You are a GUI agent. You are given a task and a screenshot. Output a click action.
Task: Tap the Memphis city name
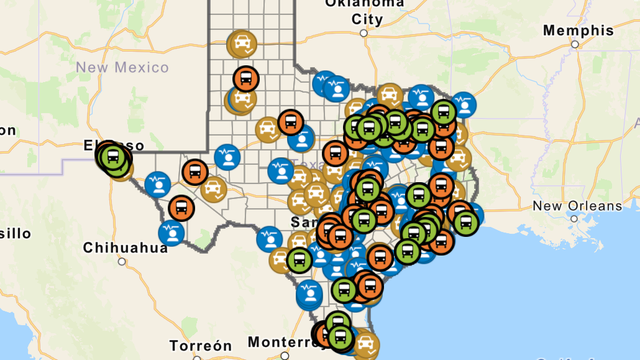pyautogui.click(x=577, y=31)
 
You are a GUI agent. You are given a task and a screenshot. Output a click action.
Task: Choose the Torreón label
pyautogui.click(x=200, y=345)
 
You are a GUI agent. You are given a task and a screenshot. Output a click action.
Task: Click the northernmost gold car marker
pyautogui.click(x=242, y=45)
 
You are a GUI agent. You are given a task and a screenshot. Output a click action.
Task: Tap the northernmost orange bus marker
pyautogui.click(x=245, y=77)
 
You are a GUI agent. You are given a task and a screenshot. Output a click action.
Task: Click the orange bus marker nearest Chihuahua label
pyautogui.click(x=181, y=209)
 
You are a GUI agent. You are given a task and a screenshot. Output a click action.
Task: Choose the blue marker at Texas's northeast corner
pyautogui.click(x=464, y=104)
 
